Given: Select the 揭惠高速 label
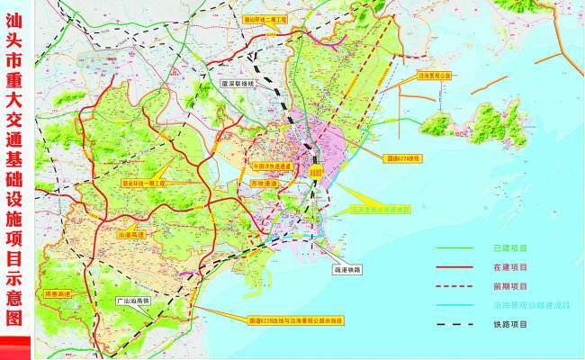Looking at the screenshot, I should coord(58,293).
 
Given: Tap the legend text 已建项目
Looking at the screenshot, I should coord(509,247).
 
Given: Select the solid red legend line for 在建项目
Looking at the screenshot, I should coord(458,267).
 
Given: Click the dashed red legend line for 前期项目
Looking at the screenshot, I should coord(458,287).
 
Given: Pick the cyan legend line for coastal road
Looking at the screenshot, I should coord(458,306).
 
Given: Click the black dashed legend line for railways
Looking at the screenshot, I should coord(458,325).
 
